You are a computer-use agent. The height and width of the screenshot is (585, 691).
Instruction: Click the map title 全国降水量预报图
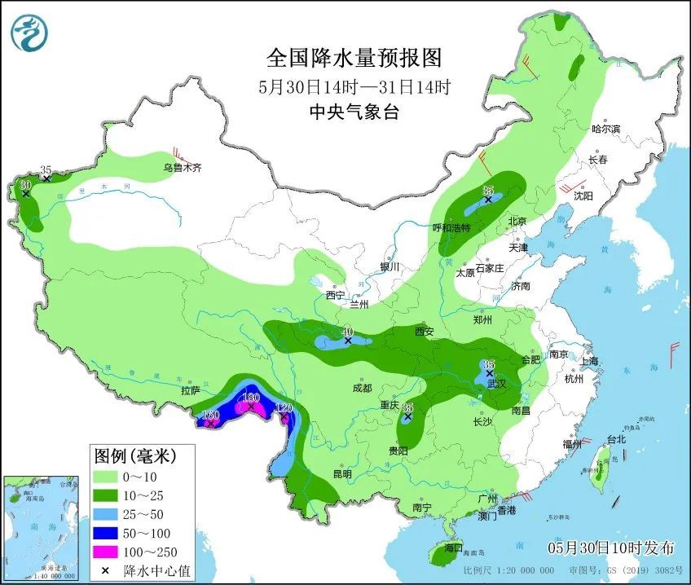[x=354, y=59]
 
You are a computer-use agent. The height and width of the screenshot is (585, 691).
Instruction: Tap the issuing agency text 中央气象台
[x=354, y=113]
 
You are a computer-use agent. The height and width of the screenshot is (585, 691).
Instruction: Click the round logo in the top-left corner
[x=29, y=33]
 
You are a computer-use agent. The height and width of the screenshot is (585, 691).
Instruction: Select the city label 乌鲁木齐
[x=181, y=168]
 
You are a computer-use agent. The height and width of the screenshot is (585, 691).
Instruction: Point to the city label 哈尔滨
[x=605, y=129]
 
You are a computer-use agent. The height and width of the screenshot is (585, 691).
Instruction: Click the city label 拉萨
[x=191, y=392]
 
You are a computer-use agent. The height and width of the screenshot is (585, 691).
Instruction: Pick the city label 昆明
[x=341, y=474]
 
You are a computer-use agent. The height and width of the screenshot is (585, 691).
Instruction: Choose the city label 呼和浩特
[x=451, y=228]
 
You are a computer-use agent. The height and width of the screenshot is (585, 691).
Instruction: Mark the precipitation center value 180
[x=251, y=397]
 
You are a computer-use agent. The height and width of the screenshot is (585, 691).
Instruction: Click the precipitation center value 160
[x=210, y=415]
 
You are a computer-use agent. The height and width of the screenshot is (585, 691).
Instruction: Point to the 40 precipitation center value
[x=347, y=332]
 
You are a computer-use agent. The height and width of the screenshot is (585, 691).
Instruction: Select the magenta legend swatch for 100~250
[x=106, y=551]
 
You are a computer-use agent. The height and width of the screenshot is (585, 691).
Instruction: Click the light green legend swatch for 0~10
[x=106, y=476]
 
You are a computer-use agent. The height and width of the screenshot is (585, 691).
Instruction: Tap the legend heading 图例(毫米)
[x=134, y=454]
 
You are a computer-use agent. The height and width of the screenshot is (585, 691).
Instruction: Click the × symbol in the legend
[x=106, y=570]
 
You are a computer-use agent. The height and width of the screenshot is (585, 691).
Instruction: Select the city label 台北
[x=617, y=439]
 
